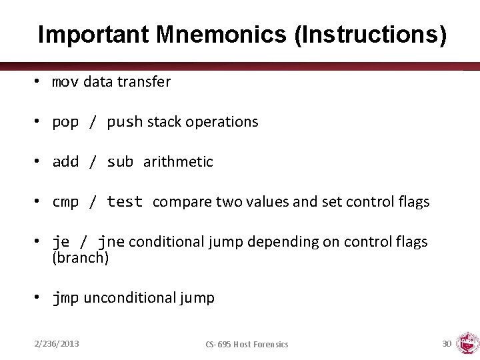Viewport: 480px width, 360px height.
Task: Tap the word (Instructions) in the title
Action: pyautogui.click(x=369, y=35)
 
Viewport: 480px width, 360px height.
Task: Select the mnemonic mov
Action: pyautogui.click(x=65, y=82)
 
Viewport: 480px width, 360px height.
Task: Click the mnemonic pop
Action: pyautogui.click(x=65, y=123)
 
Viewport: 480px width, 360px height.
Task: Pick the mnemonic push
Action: pyautogui.click(x=125, y=122)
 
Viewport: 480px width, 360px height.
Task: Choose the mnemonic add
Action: pyautogui.click(x=65, y=162)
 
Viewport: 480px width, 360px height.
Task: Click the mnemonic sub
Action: pyautogui.click(x=120, y=162)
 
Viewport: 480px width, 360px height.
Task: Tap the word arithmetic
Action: pyautogui.click(x=178, y=162)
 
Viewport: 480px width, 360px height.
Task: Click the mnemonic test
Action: pyautogui.click(x=125, y=202)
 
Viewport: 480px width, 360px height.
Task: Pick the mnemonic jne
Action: pyautogui.click(x=111, y=242)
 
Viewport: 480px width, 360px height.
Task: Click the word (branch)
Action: pyautogui.click(x=80, y=258)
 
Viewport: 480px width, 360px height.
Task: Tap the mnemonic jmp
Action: pyautogui.click(x=65, y=298)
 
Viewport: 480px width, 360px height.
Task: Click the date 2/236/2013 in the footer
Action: pyautogui.click(x=57, y=343)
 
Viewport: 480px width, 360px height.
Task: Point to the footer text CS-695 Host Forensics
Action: pyautogui.click(x=247, y=344)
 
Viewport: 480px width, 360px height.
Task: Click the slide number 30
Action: pyautogui.click(x=447, y=343)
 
